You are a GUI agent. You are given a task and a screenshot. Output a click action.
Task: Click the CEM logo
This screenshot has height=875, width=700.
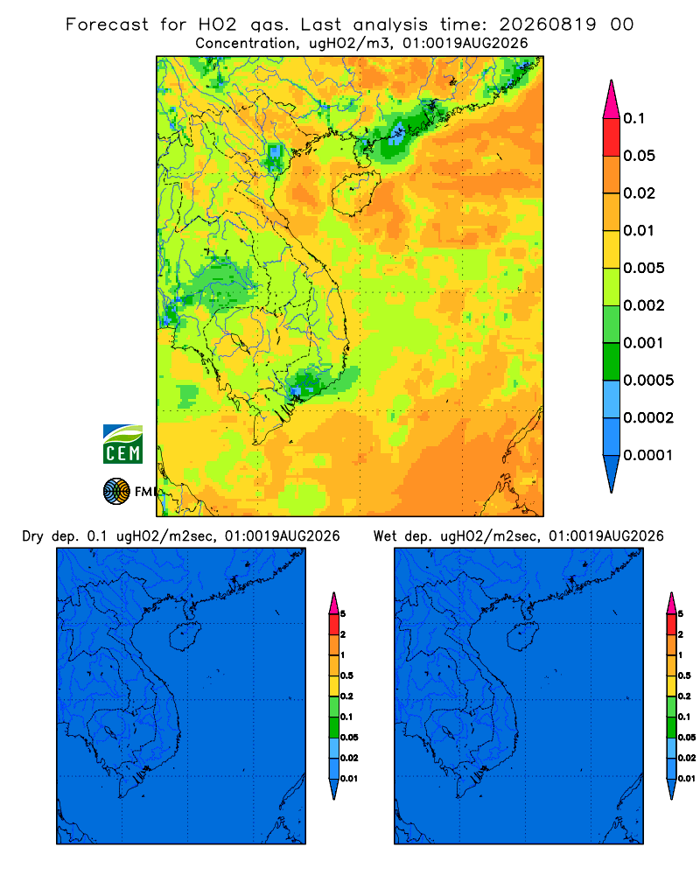(x=122, y=444)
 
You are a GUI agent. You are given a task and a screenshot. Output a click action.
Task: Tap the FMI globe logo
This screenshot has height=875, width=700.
(x=116, y=491)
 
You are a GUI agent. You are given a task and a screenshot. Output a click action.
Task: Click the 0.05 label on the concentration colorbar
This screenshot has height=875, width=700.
(x=639, y=156)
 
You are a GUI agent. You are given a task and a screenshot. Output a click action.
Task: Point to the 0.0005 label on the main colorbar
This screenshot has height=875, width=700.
(x=648, y=381)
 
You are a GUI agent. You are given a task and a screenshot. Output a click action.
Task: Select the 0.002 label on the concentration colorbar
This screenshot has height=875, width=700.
(x=644, y=305)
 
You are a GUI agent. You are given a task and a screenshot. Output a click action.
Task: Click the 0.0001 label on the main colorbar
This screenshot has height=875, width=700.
(x=648, y=455)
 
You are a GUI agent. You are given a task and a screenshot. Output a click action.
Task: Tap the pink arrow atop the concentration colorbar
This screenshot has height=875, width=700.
(x=612, y=99)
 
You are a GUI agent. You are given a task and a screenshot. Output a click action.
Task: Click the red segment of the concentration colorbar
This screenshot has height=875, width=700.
(x=612, y=136)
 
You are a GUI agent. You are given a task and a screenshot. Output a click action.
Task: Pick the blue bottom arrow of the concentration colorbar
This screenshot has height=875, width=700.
(x=612, y=473)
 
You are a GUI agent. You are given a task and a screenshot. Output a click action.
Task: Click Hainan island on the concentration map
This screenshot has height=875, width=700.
(x=356, y=193)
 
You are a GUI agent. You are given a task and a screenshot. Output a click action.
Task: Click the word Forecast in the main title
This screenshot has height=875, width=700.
(x=107, y=24)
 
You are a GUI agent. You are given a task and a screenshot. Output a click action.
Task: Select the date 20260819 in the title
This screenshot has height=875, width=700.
(x=547, y=24)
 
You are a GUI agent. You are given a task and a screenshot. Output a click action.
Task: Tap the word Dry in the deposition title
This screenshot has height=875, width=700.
(x=32, y=536)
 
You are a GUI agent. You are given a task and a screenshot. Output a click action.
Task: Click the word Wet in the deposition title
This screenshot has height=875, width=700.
(x=385, y=536)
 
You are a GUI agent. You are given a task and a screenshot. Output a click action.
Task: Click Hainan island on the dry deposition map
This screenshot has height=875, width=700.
(x=185, y=636)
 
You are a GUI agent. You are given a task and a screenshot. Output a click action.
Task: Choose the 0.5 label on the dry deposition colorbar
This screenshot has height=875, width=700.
(x=346, y=675)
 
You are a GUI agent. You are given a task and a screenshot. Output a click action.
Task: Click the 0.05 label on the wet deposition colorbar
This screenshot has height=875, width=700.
(x=687, y=738)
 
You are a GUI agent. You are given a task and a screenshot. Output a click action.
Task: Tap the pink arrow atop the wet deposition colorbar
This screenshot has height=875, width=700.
(x=671, y=603)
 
